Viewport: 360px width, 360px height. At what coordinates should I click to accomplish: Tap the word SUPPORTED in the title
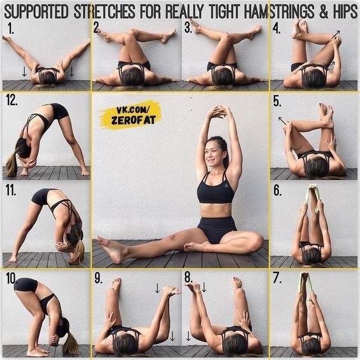click(x=36, y=11)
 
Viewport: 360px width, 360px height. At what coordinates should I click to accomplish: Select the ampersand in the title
click(x=324, y=11)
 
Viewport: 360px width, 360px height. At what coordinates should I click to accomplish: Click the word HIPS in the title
click(x=345, y=11)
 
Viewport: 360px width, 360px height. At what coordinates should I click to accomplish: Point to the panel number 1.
click(x=10, y=29)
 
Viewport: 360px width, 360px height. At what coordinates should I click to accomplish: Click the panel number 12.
click(x=11, y=100)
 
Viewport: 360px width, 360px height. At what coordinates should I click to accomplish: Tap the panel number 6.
click(x=277, y=190)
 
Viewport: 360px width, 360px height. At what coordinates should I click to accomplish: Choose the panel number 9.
click(x=98, y=278)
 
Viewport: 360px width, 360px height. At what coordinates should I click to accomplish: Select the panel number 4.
click(x=276, y=29)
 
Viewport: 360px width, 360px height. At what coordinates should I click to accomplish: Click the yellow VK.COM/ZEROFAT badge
click(x=130, y=114)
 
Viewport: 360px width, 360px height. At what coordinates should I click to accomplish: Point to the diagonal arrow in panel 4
click(x=336, y=34)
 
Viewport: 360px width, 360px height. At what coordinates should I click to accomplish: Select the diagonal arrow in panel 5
click(x=282, y=121)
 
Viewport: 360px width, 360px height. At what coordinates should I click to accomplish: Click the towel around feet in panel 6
click(x=312, y=197)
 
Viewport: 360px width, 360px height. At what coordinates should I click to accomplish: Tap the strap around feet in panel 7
click(x=304, y=285)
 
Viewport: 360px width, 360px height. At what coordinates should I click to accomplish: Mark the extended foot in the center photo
click(x=110, y=249)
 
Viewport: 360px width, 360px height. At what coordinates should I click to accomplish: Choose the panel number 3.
click(x=188, y=28)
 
